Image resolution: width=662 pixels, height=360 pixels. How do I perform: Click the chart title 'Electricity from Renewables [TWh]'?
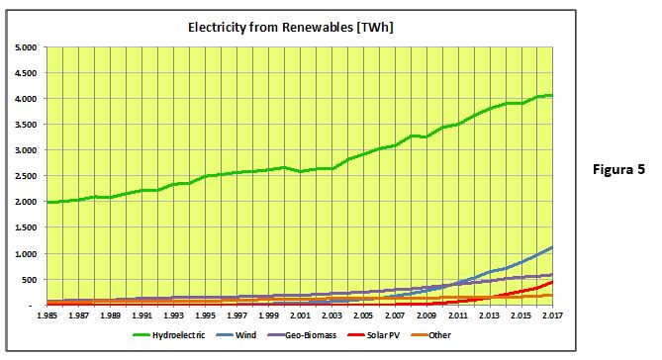291,28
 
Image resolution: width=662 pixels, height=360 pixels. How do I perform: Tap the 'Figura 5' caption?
618,169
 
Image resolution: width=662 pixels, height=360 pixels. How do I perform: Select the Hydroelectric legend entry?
169,335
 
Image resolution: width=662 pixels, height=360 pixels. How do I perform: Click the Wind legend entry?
236,335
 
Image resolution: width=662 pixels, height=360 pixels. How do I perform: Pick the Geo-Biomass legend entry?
302,335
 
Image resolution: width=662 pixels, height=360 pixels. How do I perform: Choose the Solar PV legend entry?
374,335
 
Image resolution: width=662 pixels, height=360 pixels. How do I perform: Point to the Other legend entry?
430,335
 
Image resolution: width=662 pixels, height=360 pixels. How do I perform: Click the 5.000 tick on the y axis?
26,47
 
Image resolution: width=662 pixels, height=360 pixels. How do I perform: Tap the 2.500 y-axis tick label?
26,176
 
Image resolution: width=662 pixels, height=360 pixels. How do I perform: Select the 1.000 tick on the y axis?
26,253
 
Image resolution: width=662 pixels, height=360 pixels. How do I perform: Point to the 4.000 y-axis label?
26,99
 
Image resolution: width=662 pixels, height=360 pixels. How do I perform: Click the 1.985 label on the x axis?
47,315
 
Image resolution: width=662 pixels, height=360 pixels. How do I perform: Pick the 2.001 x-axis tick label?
300,315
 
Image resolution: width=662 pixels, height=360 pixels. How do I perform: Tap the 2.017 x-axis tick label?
552,315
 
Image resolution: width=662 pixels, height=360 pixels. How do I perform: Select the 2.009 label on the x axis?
426,315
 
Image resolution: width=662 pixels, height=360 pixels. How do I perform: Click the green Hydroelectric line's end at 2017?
552,95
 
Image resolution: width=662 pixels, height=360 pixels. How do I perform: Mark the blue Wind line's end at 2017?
552,247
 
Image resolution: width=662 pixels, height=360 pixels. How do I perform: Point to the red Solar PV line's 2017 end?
552,282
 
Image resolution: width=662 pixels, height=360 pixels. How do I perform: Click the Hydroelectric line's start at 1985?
47,202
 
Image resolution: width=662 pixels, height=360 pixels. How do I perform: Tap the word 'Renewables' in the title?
318,28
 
